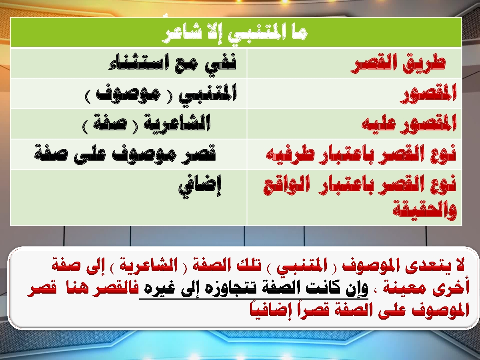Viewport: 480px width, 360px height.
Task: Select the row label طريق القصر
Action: pyautogui.click(x=398, y=63)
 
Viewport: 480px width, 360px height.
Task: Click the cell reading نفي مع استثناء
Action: pyautogui.click(x=172, y=62)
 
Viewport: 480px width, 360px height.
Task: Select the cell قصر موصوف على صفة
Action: pyautogui.click(x=125, y=154)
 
